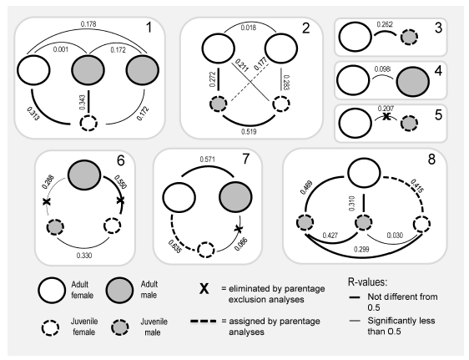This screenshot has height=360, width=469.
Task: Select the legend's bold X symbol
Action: tap(203, 289)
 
